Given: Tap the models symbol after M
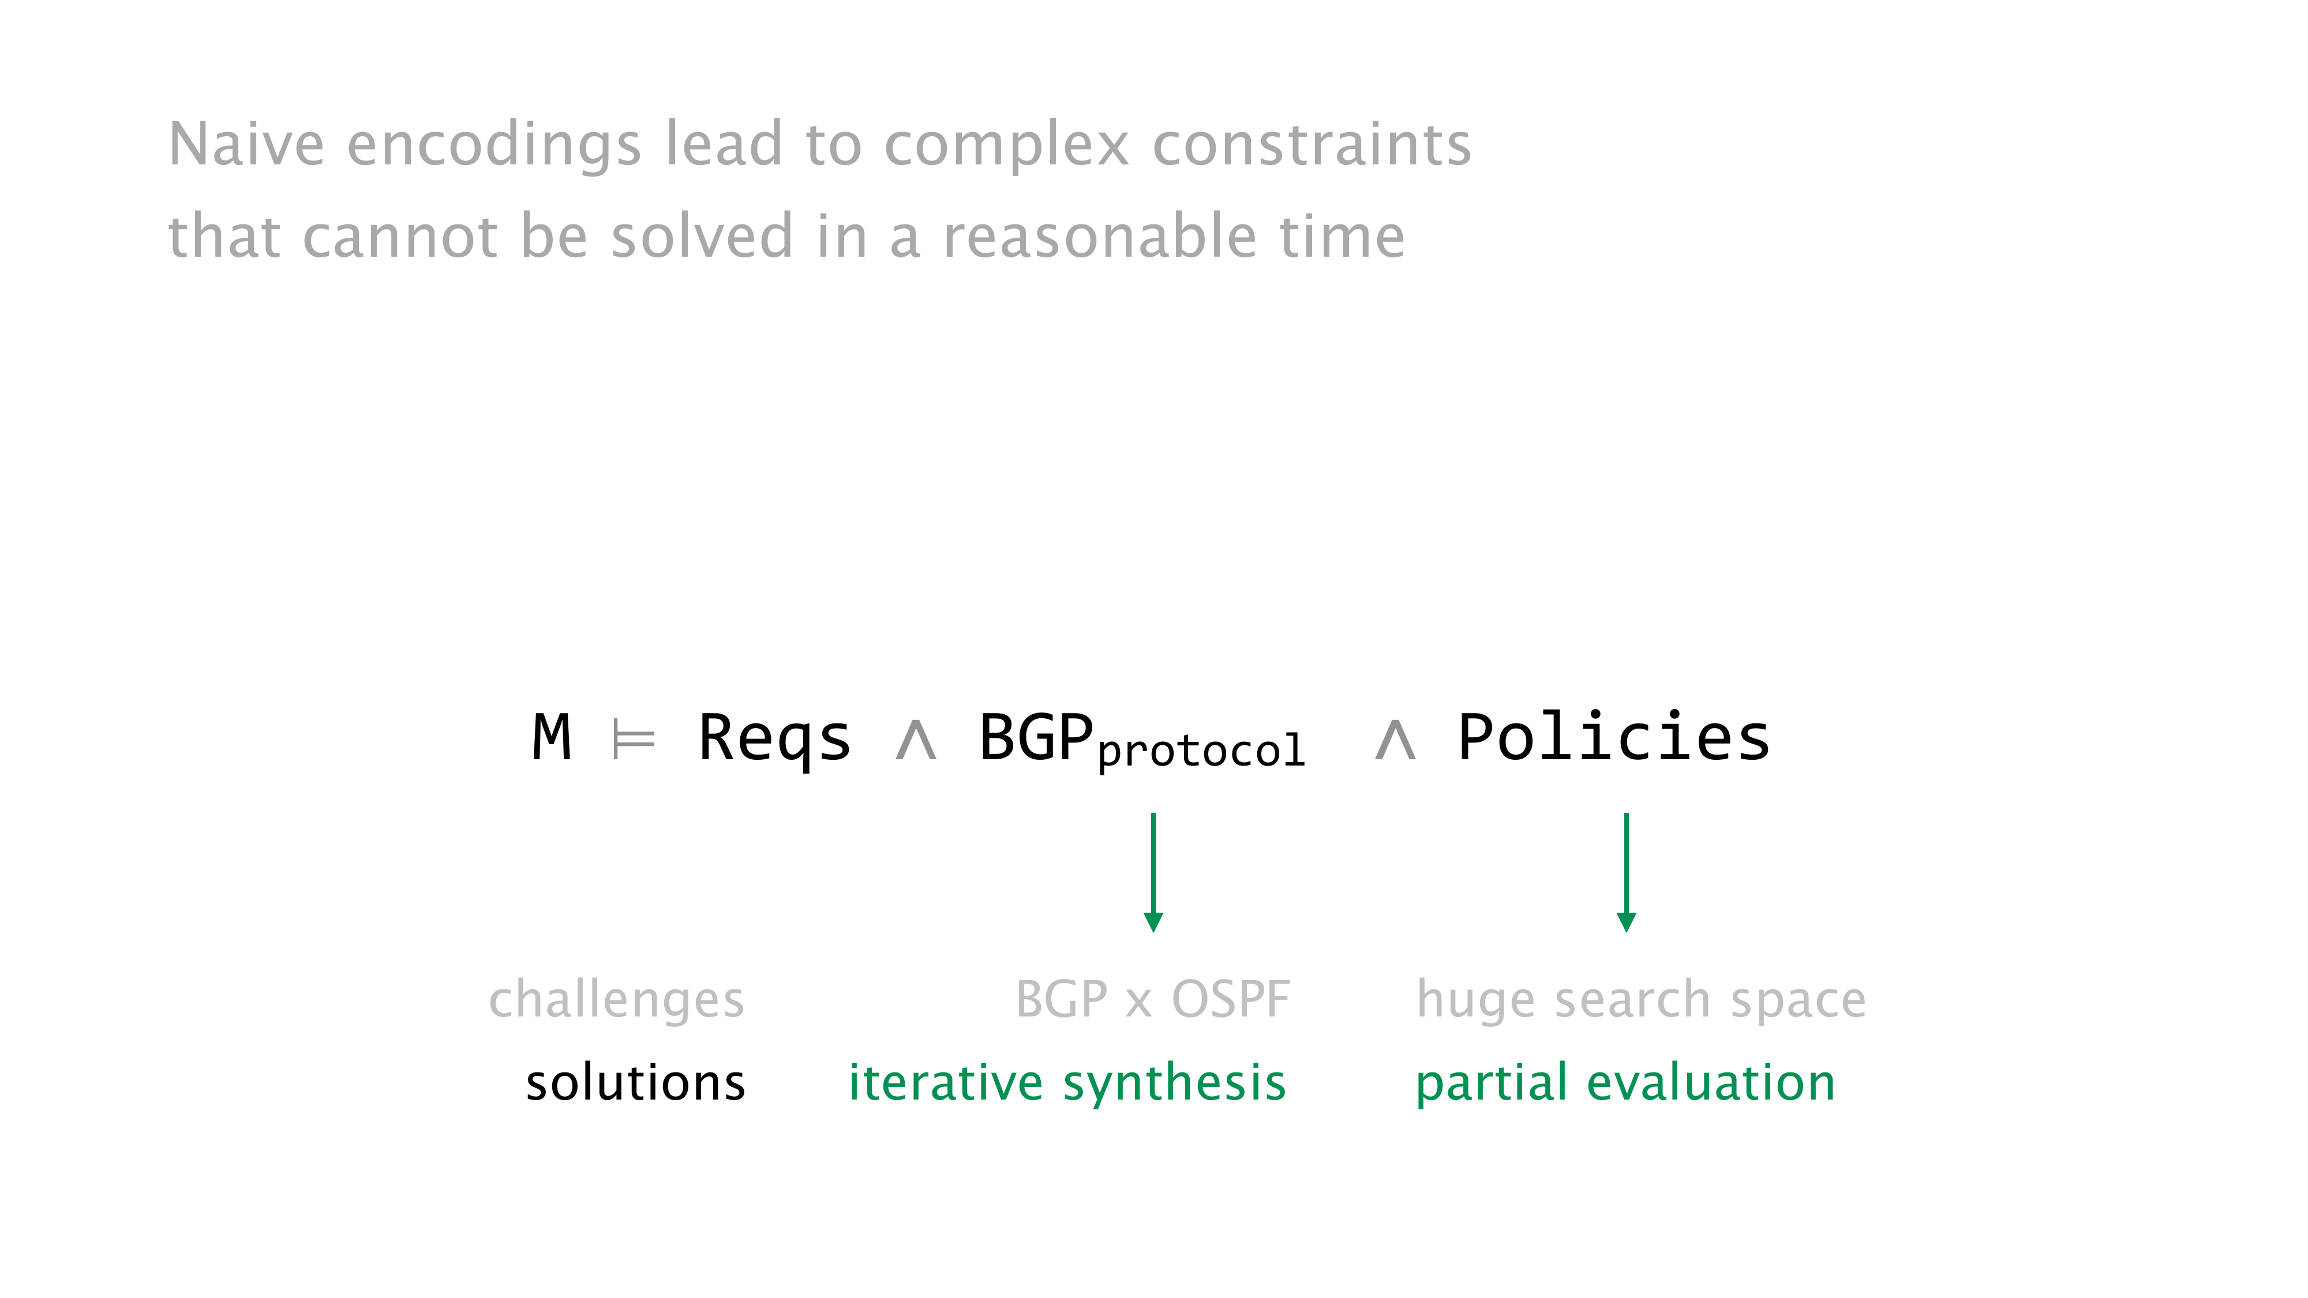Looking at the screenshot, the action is [x=634, y=740].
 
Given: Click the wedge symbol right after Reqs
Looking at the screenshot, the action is [x=916, y=741].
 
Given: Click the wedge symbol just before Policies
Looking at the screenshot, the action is [x=1395, y=741].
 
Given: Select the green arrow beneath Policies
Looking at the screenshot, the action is [x=1626, y=872].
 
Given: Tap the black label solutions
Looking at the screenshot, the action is [x=635, y=1082].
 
